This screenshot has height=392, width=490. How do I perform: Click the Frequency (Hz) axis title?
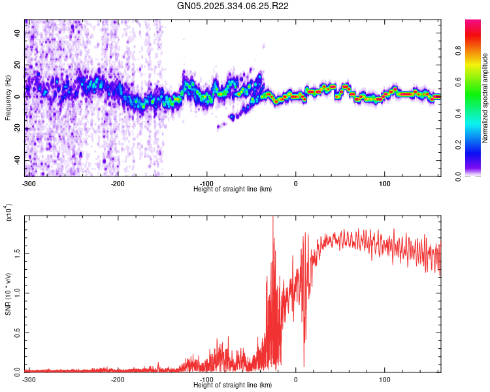click(8, 98)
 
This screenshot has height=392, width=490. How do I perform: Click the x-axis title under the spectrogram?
click(233, 189)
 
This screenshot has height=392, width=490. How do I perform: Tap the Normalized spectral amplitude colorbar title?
click(485, 98)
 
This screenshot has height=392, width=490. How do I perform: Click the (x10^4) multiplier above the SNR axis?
click(9, 212)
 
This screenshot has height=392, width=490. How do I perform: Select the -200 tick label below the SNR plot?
click(118, 380)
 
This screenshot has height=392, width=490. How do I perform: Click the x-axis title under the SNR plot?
click(233, 385)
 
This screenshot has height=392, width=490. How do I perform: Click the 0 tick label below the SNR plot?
click(296, 380)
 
